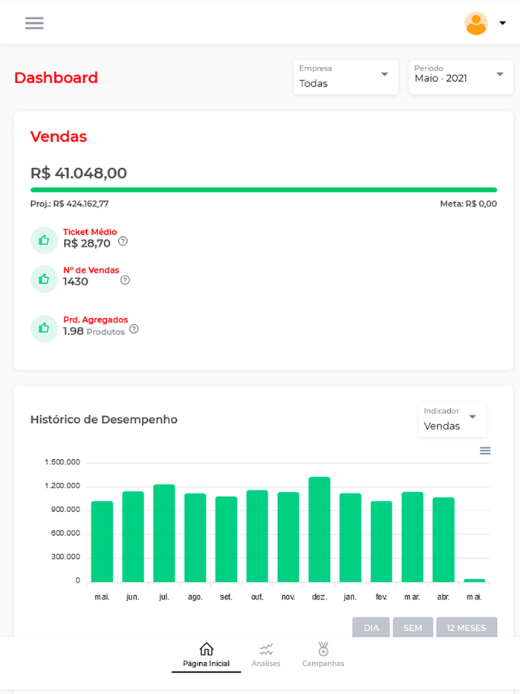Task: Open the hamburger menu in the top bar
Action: (34, 23)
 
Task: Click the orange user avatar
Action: (476, 23)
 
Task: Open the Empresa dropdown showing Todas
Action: (345, 77)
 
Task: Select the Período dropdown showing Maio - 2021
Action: (460, 77)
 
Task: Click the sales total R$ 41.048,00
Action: (79, 173)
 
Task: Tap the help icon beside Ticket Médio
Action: (123, 241)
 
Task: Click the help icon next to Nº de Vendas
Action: (125, 280)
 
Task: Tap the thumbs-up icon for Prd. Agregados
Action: (44, 328)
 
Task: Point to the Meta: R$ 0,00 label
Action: (468, 204)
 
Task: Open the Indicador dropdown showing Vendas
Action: (452, 420)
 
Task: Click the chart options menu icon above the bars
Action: (485, 450)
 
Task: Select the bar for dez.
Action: (319, 529)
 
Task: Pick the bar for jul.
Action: (164, 533)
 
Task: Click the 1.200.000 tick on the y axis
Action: (62, 486)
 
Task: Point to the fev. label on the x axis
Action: (381, 597)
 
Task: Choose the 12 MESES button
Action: (467, 628)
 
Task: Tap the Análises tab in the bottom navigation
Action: (266, 655)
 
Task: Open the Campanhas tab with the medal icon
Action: (323, 655)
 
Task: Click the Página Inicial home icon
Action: (207, 649)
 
